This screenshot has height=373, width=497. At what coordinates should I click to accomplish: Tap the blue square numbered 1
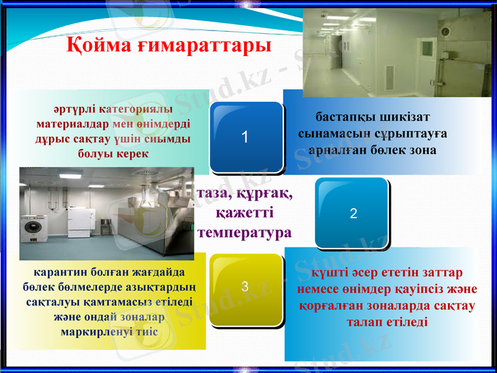click(245, 137)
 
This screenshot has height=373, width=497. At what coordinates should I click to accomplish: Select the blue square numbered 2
click(353, 213)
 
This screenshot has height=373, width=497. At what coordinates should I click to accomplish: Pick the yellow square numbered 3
click(245, 287)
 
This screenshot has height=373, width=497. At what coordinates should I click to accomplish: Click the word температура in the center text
click(245, 233)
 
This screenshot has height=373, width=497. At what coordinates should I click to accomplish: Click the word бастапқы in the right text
click(345, 116)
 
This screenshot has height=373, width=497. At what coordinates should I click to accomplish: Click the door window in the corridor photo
click(427, 48)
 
